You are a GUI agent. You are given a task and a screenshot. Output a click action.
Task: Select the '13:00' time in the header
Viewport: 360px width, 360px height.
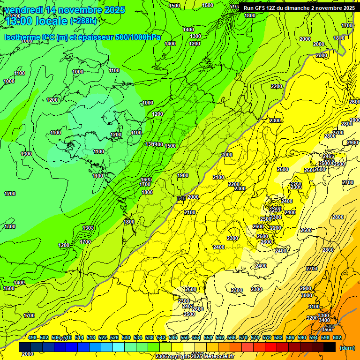[x=21, y=21]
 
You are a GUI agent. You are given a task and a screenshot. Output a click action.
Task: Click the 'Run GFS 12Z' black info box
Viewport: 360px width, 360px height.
[x=299, y=8]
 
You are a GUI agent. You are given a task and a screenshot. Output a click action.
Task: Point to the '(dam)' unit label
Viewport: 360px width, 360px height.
[x=346, y=348]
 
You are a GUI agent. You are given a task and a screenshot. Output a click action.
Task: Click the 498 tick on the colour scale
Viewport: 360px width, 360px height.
[x=32, y=337]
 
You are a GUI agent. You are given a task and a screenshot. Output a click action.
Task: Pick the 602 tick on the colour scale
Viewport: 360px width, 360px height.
[x=337, y=337]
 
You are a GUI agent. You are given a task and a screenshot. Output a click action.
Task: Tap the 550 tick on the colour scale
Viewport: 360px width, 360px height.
[x=184, y=337]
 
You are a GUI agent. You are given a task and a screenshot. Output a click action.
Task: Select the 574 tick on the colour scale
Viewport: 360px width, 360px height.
[x=255, y=337]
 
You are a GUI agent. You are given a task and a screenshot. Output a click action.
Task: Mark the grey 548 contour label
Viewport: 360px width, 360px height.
[x=181, y=199]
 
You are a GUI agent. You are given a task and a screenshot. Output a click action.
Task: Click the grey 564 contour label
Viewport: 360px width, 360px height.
[x=330, y=327]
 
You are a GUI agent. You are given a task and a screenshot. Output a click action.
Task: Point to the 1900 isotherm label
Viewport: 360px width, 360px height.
[x=183, y=175]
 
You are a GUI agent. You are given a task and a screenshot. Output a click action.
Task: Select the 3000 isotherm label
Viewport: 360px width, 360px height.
[x=306, y=296]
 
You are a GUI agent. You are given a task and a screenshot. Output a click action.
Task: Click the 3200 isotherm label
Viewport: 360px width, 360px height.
[x=312, y=318]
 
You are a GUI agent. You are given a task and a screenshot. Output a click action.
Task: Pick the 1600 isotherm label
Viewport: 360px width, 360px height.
[x=146, y=180]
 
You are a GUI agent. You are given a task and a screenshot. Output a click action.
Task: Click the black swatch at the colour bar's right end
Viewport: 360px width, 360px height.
[x=330, y=347]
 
